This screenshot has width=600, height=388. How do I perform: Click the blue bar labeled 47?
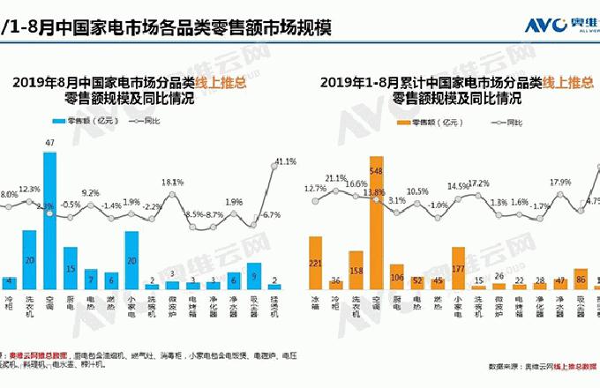coord(51,220)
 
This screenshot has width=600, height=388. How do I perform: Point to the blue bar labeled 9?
coord(254,276)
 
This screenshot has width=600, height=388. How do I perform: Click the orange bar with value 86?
coord(580,279)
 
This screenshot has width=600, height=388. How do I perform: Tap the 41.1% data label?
coord(285,161)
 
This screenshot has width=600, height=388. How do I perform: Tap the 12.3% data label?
coord(29,189)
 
